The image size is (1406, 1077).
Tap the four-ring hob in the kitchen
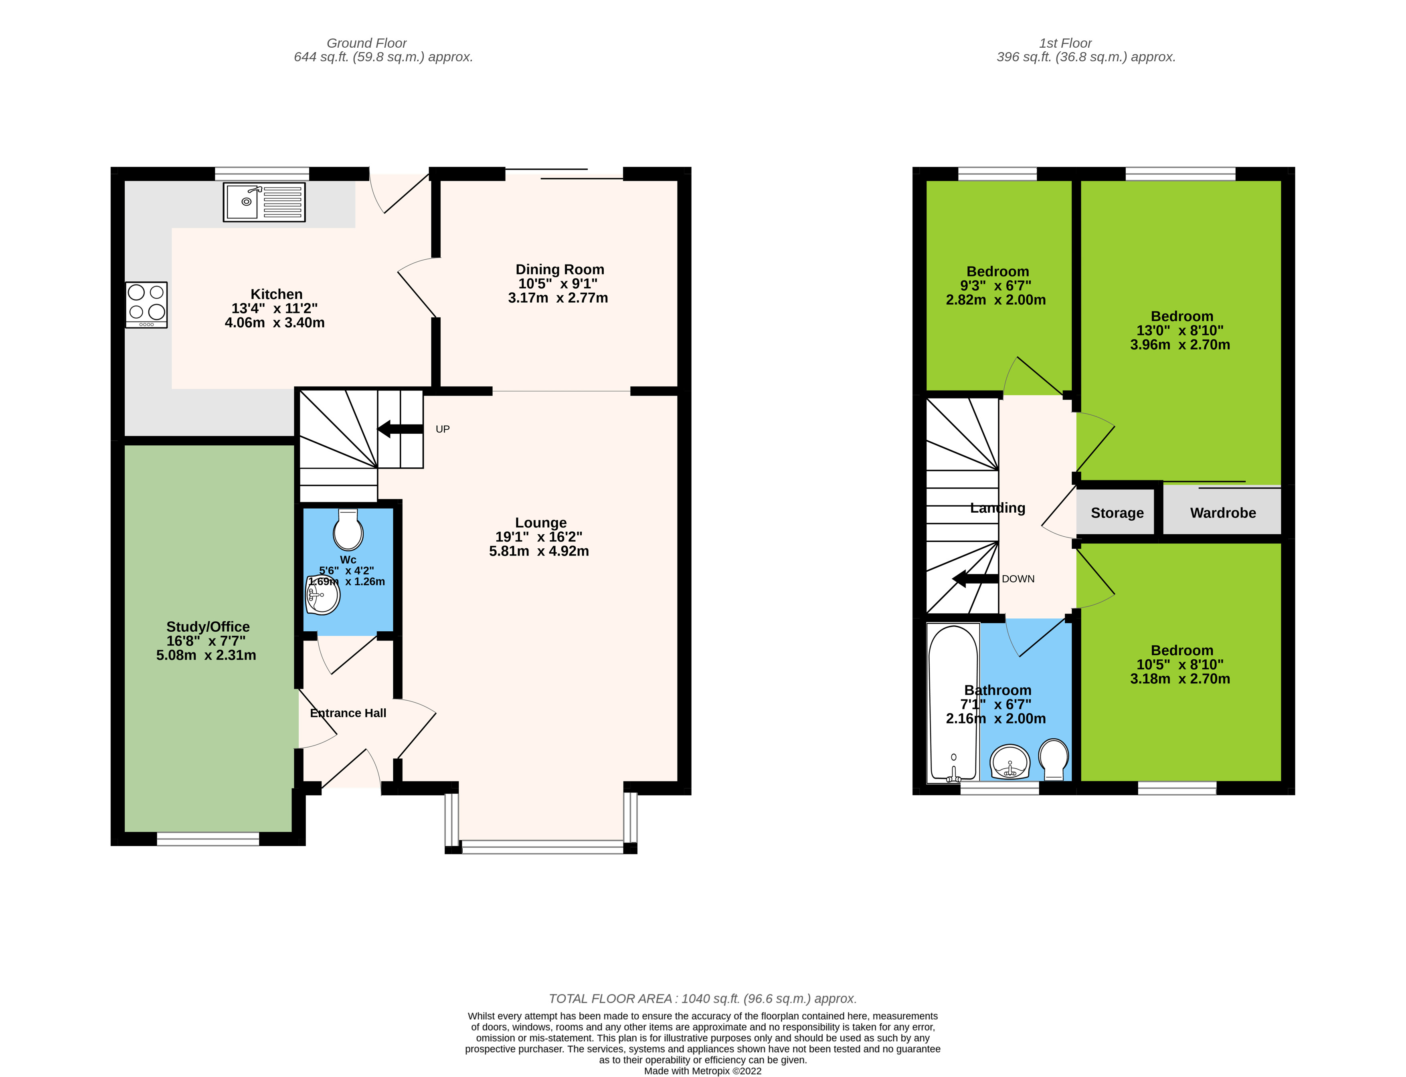coord(146,305)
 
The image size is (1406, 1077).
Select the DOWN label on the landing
coord(1018,579)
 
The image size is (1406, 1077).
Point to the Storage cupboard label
coord(1117,513)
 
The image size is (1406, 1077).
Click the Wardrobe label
coord(1223,513)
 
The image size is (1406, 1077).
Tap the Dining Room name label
coord(560,269)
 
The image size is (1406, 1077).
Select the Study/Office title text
coord(208,626)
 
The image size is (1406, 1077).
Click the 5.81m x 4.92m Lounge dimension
coord(538,551)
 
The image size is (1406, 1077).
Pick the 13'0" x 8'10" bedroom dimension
coord(1179,330)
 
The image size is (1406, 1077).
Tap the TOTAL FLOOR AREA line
coord(702,998)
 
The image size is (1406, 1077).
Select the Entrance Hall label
coord(348,713)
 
